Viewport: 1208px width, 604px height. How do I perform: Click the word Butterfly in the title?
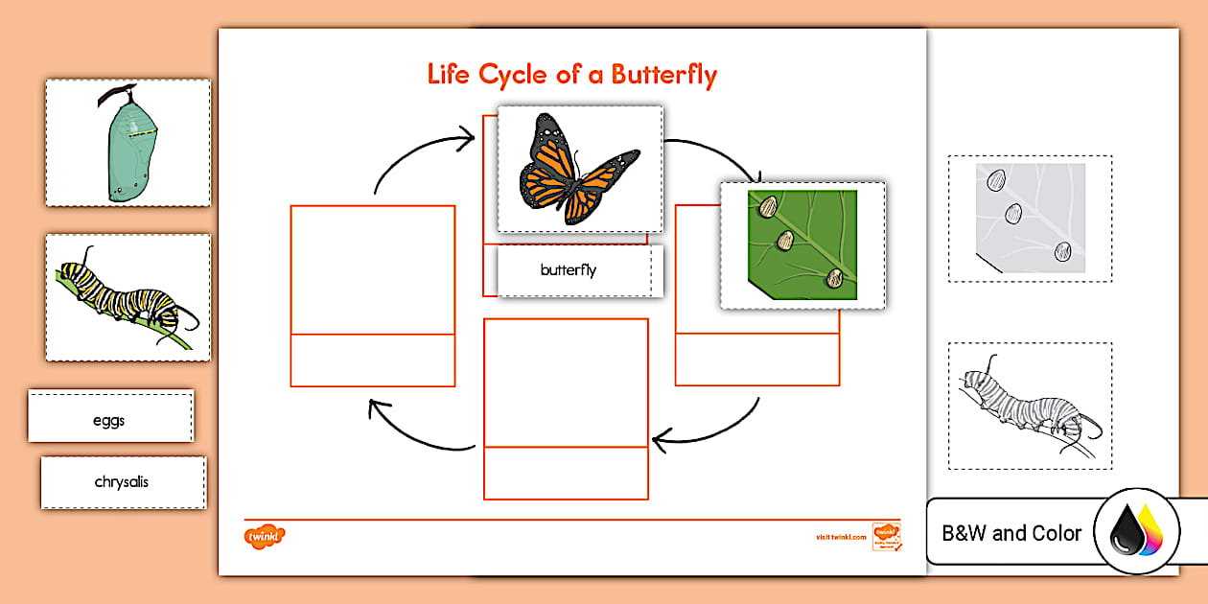tap(662, 75)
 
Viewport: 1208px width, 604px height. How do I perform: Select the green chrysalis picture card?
tap(128, 143)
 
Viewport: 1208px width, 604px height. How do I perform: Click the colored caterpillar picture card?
tap(128, 297)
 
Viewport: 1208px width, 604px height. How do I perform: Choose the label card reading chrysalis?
tap(123, 482)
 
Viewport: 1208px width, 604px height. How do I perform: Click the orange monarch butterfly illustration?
tap(579, 170)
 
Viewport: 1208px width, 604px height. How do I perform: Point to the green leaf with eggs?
tap(802, 245)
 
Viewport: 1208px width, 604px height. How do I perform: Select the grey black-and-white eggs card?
tap(1031, 219)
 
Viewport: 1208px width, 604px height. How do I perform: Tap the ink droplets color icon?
tap(1137, 532)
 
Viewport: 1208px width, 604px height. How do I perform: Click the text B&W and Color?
tap(1011, 533)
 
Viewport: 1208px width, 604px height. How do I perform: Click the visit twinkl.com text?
tap(834, 538)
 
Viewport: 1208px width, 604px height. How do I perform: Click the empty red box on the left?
tap(373, 271)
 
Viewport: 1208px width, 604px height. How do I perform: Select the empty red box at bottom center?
tap(566, 383)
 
